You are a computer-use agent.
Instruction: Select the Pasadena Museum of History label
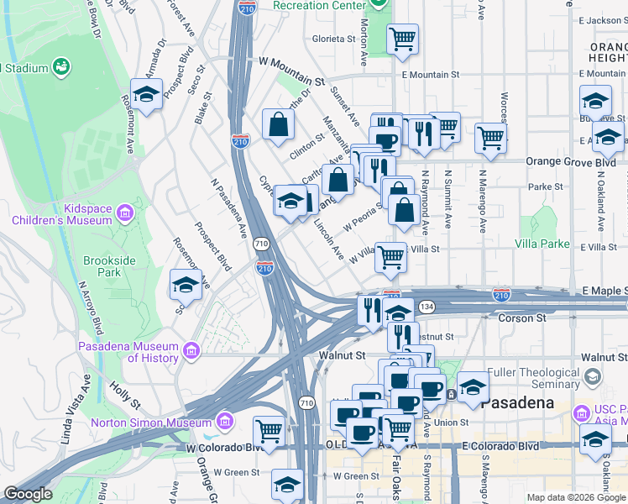click(128, 352)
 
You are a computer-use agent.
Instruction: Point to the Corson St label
click(522, 318)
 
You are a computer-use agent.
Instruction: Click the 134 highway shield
click(427, 307)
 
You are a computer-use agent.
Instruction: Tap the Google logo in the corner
click(29, 494)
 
